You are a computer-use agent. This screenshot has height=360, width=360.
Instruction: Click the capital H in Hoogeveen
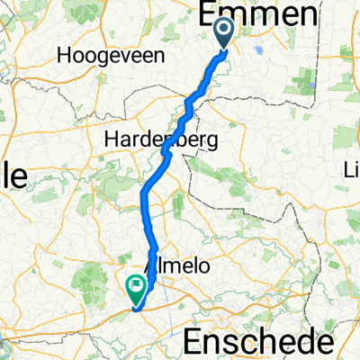63,56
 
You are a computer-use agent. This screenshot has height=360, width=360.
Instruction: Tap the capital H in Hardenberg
111,139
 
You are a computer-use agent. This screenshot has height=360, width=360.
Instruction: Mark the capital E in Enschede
194,343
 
